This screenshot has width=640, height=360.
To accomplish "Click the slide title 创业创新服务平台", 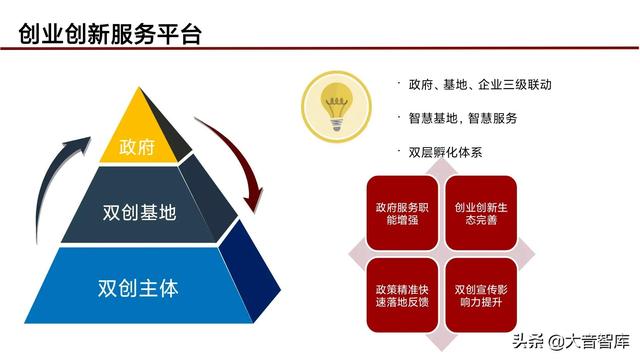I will point(111,34).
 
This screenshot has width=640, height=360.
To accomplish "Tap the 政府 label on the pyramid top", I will point(137,147).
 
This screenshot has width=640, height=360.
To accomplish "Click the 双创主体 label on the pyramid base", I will point(139,287).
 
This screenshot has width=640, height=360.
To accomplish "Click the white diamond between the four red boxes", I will point(440,255).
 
